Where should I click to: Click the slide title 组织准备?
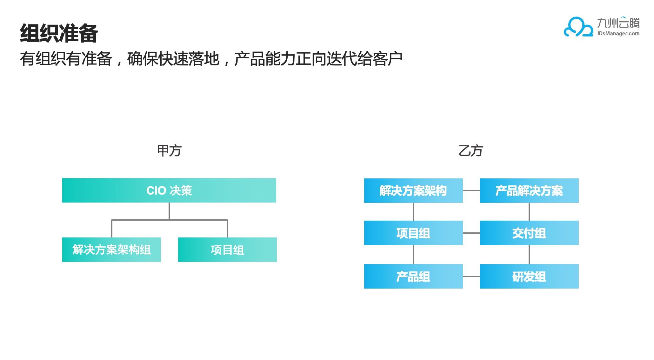pos(59,33)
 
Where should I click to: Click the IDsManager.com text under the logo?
pos(618,34)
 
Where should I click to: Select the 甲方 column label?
pos(169,151)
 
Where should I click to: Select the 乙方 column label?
pos(471,151)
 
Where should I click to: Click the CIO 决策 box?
pos(169,190)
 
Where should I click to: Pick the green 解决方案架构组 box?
pos(111,250)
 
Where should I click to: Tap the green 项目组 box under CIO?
pos(227,250)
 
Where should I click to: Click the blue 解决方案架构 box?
pos(413,190)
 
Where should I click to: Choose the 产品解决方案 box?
pos(529,190)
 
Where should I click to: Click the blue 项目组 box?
pos(413,233)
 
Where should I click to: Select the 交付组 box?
pos(529,233)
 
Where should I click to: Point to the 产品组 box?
pos(413,276)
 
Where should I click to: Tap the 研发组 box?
pos(529,276)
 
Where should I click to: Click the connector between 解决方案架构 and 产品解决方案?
pos(471,190)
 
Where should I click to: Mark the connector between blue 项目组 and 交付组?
pos(471,233)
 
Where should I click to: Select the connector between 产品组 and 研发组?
pos(471,277)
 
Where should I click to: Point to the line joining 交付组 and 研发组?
pos(529,255)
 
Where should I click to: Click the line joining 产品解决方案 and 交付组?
pos(529,212)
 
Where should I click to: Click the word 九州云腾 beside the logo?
pos(618,23)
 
